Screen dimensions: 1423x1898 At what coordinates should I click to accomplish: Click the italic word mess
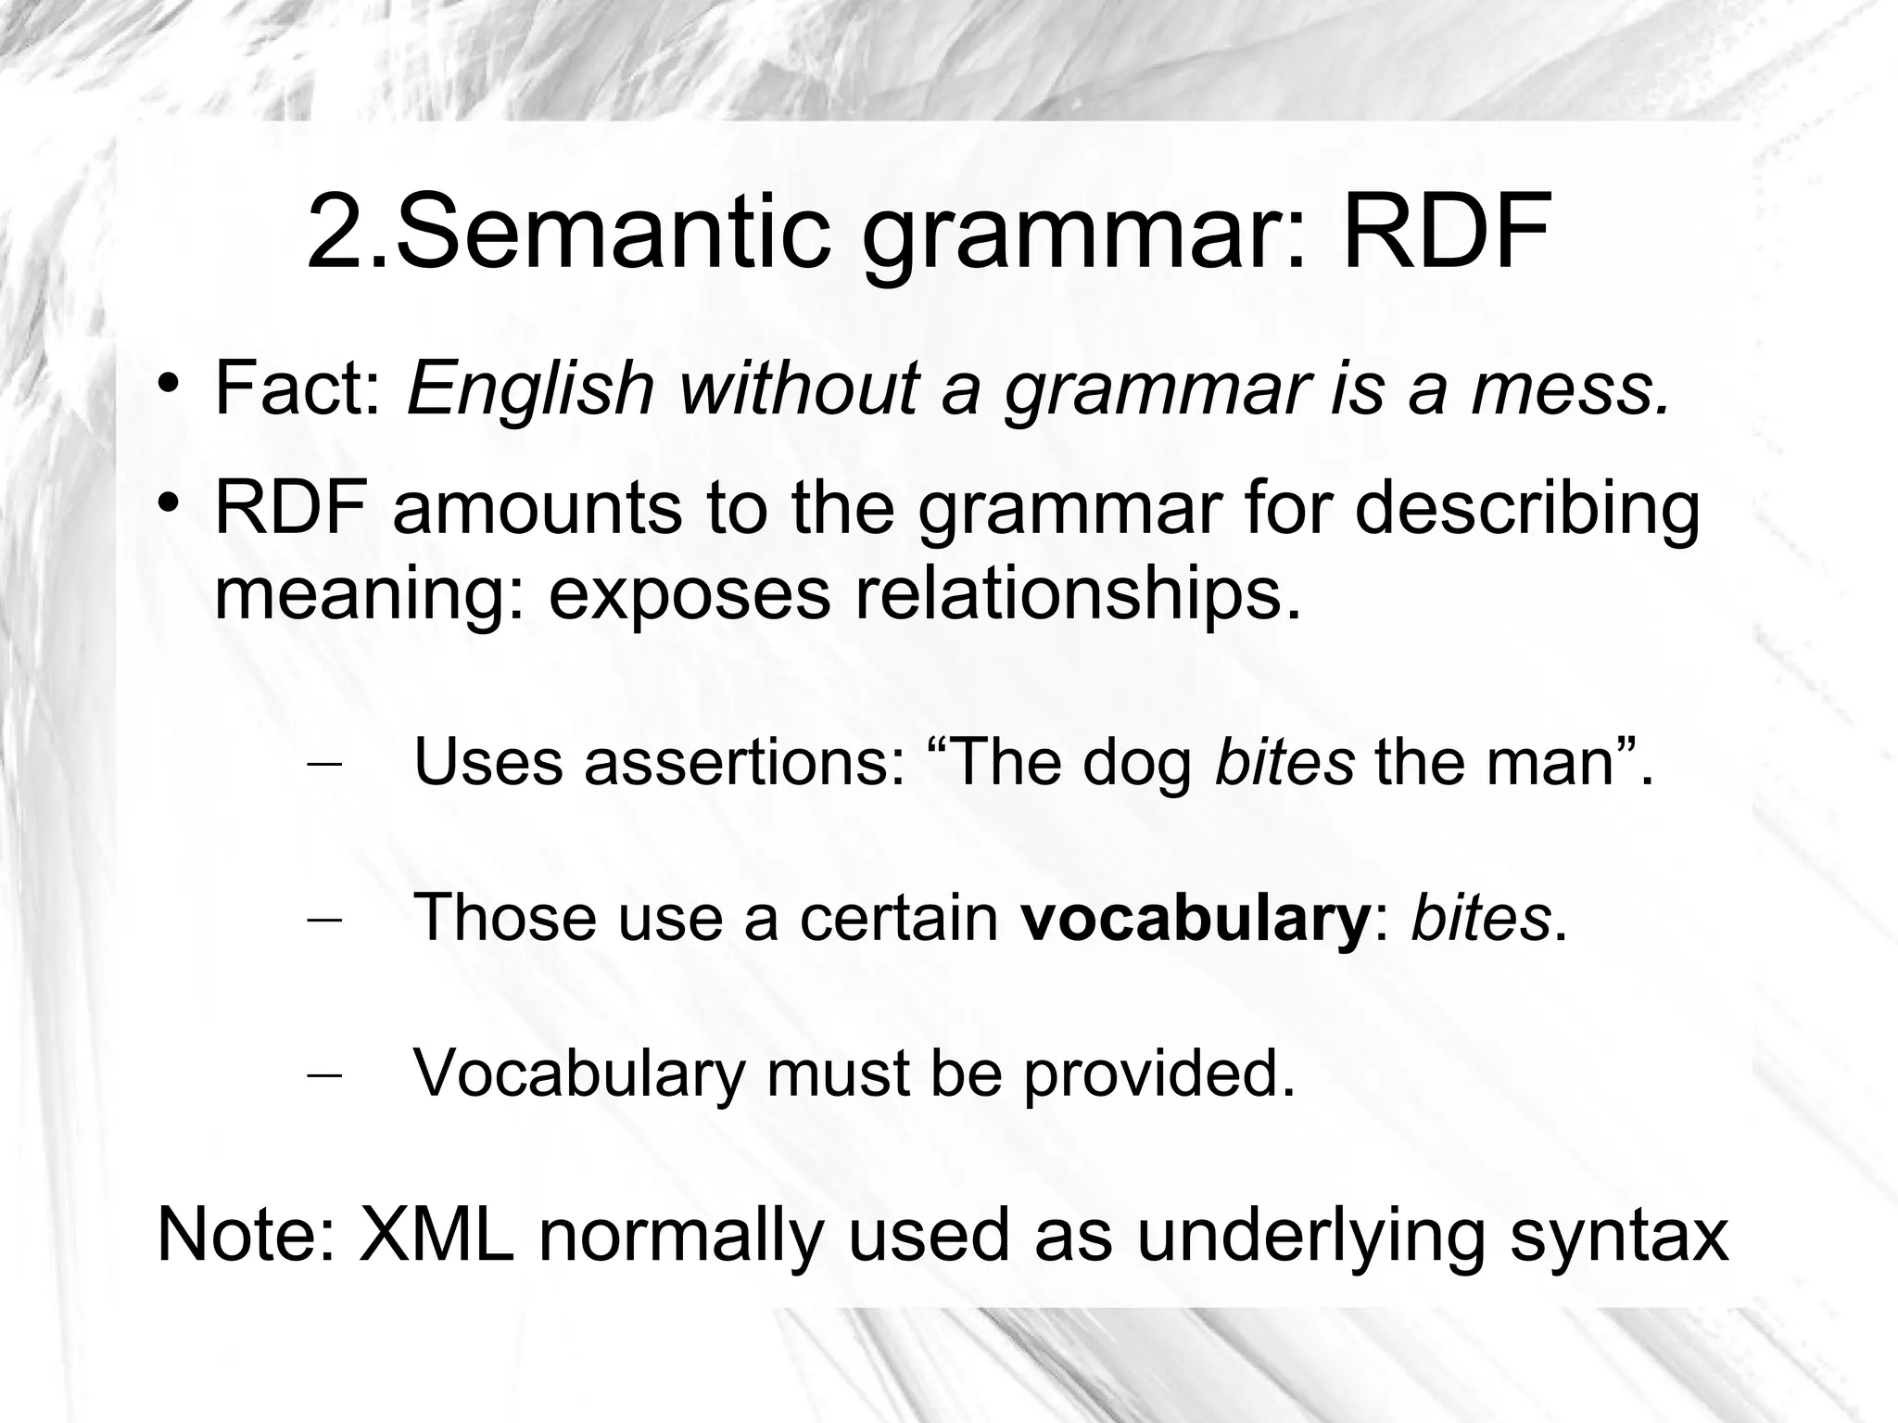(1570, 389)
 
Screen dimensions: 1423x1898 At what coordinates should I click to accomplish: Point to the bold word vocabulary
(1194, 919)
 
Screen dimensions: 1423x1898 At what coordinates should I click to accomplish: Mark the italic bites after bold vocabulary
(1480, 917)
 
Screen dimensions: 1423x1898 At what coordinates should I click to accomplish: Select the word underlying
(1310, 1237)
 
